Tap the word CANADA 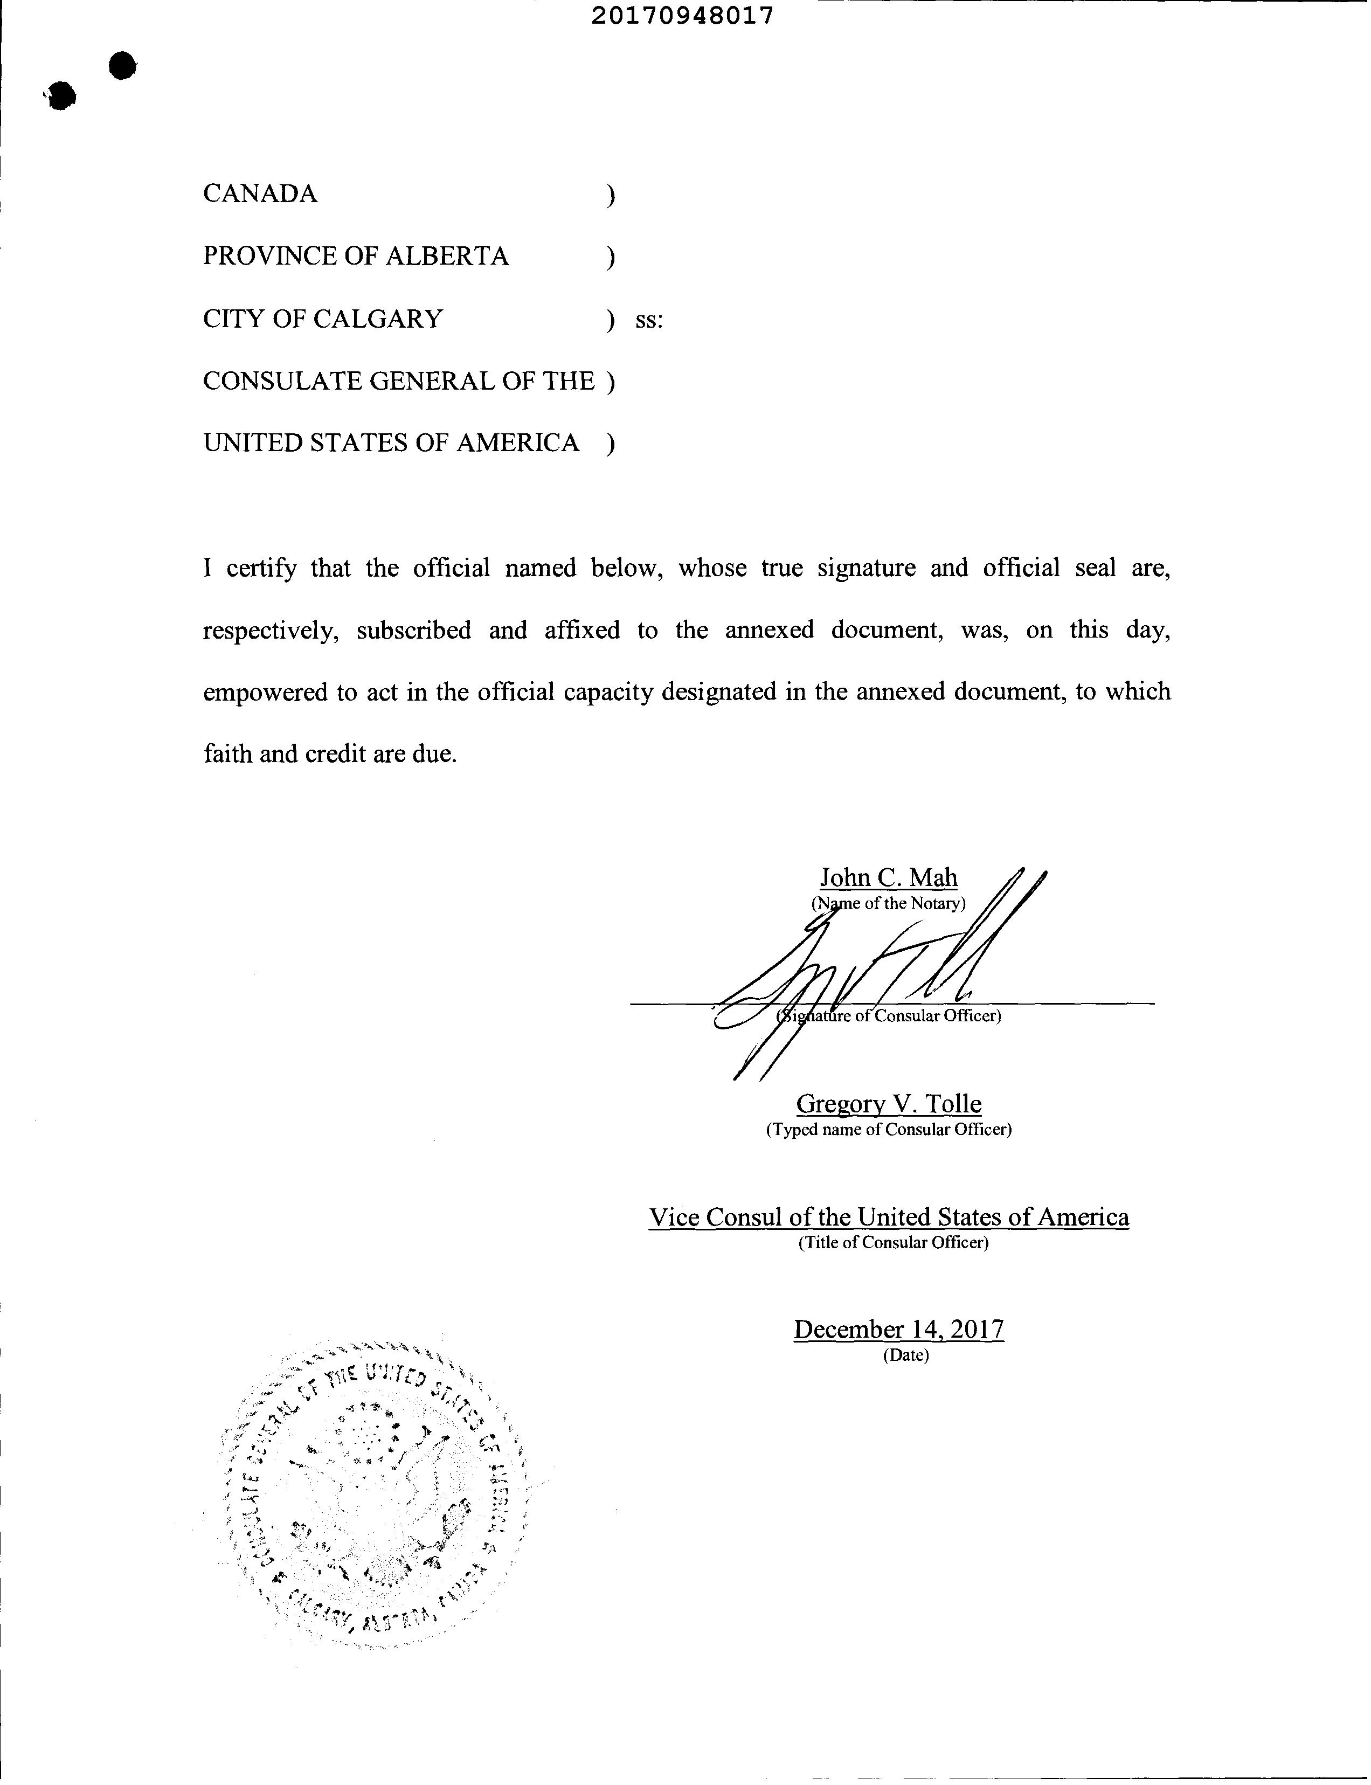tap(260, 193)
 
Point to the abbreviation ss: tap(649, 320)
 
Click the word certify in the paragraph tap(261, 568)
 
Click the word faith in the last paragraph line tap(227, 753)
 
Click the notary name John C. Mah tap(889, 877)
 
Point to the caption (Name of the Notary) tap(888, 903)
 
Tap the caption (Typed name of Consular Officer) tap(889, 1130)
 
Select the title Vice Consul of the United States tap(889, 1217)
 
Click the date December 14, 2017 tap(898, 1330)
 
